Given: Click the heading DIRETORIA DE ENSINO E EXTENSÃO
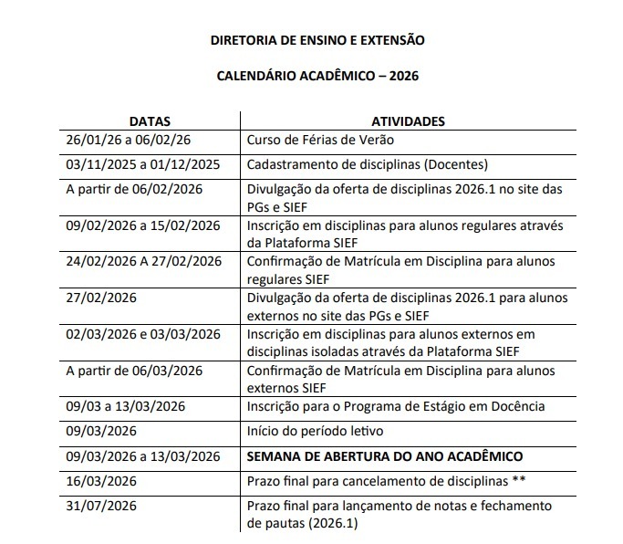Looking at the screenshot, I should (317, 40).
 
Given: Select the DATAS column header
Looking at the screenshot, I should (149, 120).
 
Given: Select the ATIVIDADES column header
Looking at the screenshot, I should (408, 120).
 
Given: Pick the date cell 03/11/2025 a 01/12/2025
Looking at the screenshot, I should (143, 164).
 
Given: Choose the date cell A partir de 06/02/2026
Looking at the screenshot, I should (134, 189).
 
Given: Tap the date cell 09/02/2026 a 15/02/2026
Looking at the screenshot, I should (143, 225).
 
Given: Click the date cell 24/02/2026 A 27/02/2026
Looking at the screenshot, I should (144, 261).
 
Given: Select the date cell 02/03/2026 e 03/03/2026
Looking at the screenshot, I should (143, 335).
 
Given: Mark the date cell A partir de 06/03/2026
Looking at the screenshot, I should (134, 371).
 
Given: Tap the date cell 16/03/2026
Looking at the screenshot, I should (101, 480).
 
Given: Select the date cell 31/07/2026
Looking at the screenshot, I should (101, 506).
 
